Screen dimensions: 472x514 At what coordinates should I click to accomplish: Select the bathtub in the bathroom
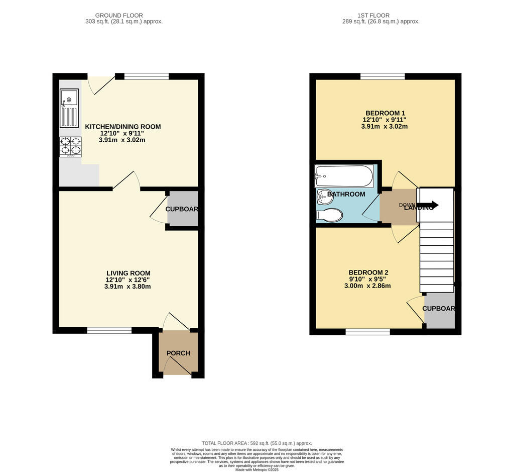click(344, 176)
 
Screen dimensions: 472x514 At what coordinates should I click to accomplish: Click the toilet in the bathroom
click(330, 216)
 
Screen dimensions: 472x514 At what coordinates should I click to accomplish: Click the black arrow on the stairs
click(430, 205)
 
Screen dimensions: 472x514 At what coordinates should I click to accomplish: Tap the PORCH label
click(178, 353)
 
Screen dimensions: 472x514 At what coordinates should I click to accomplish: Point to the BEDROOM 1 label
click(385, 113)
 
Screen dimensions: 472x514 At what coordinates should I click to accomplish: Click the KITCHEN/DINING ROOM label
click(122, 127)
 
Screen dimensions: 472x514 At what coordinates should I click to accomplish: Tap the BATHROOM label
click(346, 194)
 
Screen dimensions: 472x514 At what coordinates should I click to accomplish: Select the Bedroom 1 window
click(382, 76)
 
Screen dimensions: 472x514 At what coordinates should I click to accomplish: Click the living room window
click(109, 330)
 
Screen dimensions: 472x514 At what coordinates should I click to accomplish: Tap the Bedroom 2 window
click(367, 332)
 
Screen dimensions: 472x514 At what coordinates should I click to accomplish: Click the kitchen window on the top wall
click(147, 76)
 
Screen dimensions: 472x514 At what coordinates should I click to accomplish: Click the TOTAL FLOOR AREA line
click(256, 443)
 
